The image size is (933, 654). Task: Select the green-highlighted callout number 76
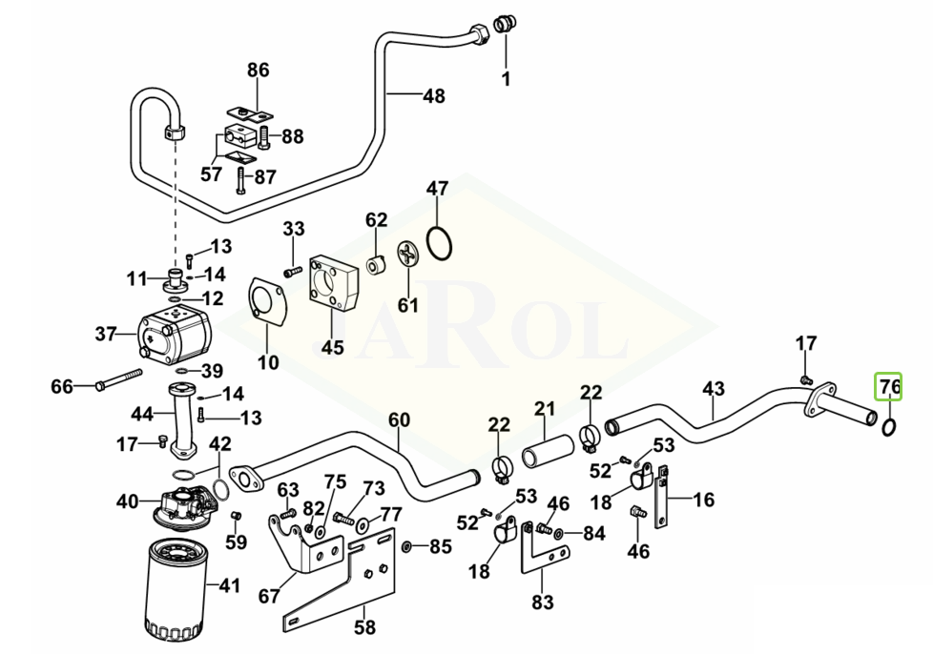point(889,386)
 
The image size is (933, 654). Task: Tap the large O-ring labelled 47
point(438,242)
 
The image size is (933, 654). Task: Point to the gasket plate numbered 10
point(269,303)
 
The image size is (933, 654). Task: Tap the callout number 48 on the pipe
point(433,95)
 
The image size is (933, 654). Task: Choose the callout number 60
point(399,420)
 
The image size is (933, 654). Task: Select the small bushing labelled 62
point(376,262)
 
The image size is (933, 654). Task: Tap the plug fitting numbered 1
point(505,24)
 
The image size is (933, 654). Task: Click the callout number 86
point(259,71)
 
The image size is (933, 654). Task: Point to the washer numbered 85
point(407,547)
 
